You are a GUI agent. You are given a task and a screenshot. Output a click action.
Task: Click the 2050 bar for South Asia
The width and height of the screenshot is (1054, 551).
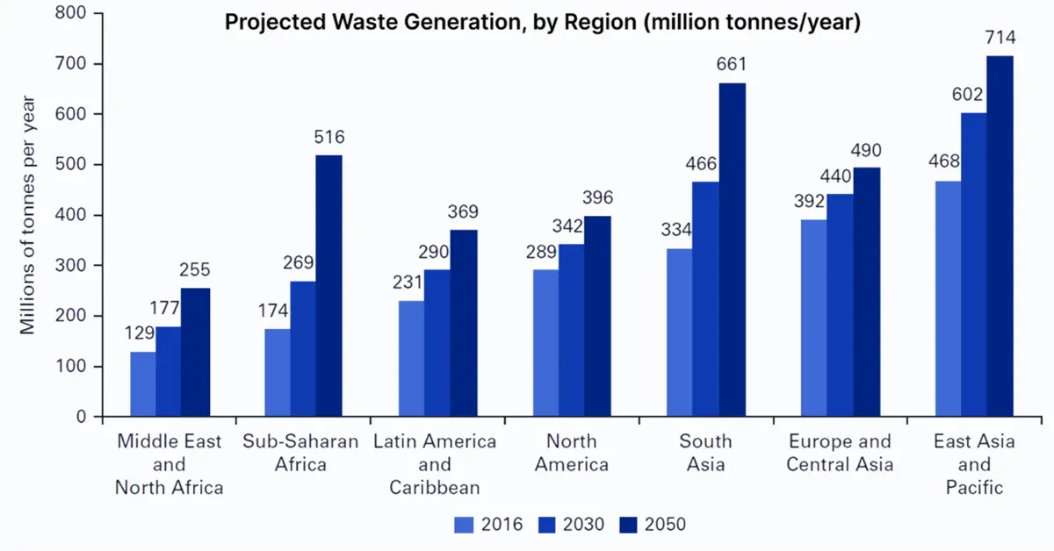pyautogui.click(x=733, y=250)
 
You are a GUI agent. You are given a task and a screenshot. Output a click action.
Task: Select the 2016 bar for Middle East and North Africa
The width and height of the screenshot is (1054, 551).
pyautogui.click(x=143, y=384)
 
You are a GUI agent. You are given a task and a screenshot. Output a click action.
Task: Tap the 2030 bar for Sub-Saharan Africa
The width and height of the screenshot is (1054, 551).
pyautogui.click(x=303, y=349)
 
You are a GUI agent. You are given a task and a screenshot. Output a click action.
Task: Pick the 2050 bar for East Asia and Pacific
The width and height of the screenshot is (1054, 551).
pyautogui.click(x=1000, y=237)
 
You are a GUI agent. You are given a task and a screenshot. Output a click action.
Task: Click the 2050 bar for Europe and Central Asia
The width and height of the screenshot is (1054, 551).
pyautogui.click(x=867, y=292)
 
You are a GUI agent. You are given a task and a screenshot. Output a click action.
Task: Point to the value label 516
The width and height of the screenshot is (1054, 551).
pyautogui.click(x=329, y=138)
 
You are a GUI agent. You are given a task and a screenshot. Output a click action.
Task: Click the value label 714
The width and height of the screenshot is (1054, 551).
pyautogui.click(x=1000, y=38)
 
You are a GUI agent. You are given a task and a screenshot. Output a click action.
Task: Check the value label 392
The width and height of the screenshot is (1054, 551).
pyautogui.click(x=811, y=201)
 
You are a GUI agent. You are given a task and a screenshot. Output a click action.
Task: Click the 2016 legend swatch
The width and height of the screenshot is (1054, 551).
pyautogui.click(x=464, y=525)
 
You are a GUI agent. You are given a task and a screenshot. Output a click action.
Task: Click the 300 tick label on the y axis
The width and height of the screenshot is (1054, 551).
pyautogui.click(x=76, y=265)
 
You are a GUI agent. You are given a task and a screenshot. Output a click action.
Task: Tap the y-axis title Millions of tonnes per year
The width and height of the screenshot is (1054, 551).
pyautogui.click(x=28, y=214)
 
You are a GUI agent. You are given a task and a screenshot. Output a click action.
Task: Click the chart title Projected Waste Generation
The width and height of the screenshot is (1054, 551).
pyautogui.click(x=542, y=22)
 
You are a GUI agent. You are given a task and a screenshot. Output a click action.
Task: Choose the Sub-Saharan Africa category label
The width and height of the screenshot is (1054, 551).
pyautogui.click(x=300, y=452)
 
